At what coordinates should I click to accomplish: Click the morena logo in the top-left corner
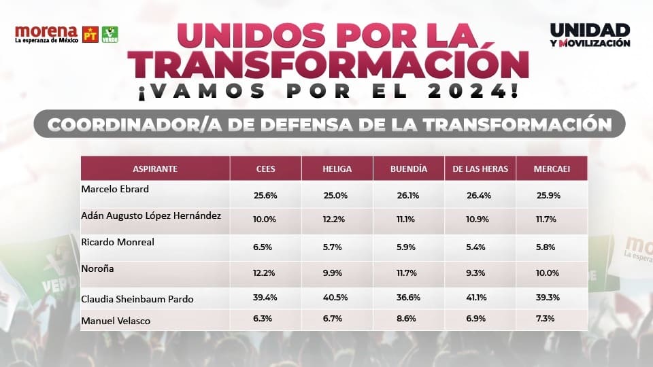coord(46,34)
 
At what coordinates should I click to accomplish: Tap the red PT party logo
coord(90,34)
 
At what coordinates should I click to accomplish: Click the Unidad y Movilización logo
coord(590,35)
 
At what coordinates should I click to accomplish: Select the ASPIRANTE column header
coord(155,169)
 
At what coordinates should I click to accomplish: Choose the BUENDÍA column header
coord(409,169)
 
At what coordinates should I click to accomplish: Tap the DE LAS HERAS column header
coord(480,169)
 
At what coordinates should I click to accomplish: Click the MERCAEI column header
coord(552,169)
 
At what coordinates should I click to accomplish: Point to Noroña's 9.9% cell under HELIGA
coord(336,273)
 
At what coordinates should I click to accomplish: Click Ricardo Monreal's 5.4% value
coord(479,248)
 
